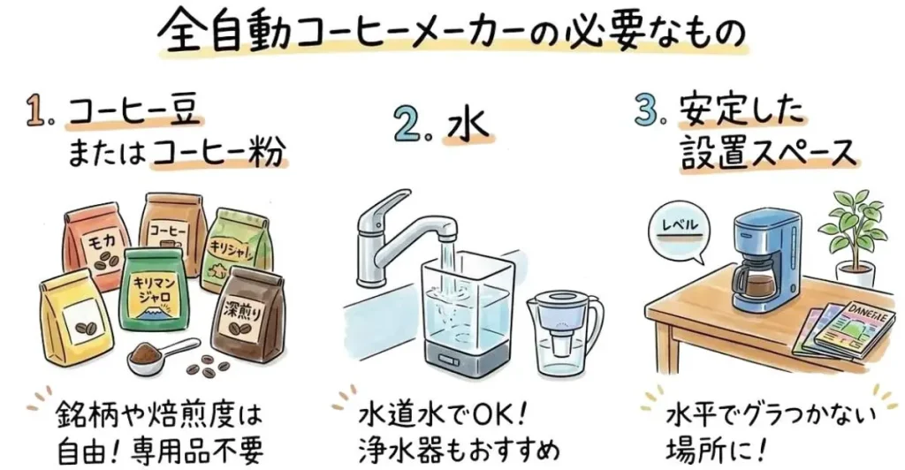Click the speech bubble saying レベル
(679, 229)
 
